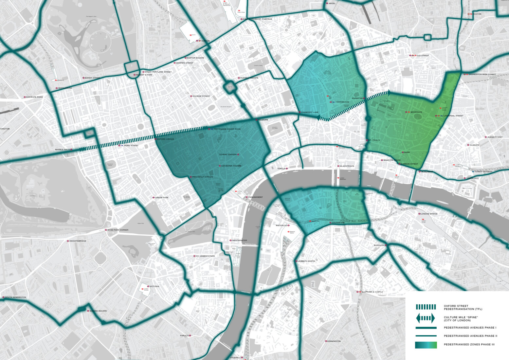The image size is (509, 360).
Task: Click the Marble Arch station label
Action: click(62, 150)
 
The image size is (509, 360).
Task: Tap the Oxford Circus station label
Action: click(165, 139)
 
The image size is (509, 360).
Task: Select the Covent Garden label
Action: click(227, 154)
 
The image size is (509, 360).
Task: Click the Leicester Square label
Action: click(231, 166)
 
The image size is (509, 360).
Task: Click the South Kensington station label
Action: click(15, 297)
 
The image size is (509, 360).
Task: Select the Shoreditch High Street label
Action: click(482, 74)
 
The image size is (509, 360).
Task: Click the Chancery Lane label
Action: click(310, 113)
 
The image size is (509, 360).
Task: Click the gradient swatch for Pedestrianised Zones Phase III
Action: click(426, 345)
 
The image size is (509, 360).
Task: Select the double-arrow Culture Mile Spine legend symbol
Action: click(426, 318)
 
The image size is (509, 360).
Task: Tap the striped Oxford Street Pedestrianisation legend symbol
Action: click(426, 307)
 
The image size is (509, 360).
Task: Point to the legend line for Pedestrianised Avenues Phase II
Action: click(426, 336)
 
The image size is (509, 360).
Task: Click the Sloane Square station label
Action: click(98, 311)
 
